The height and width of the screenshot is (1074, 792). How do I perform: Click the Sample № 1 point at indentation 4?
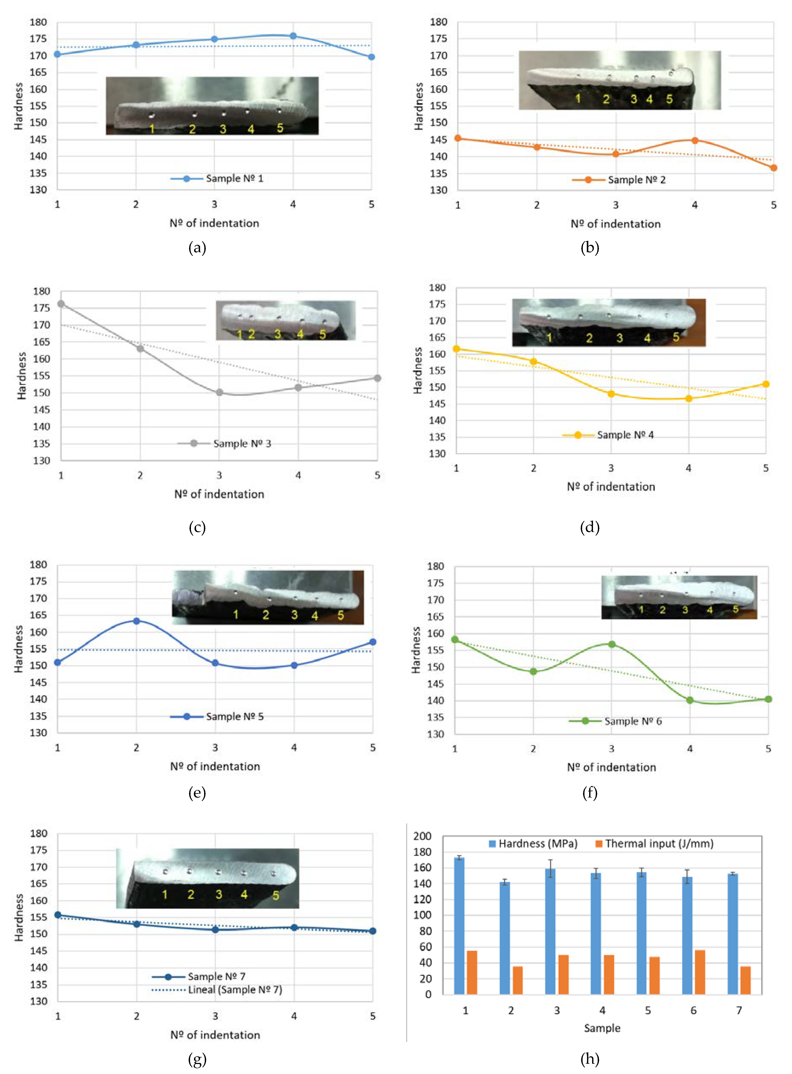click(x=293, y=36)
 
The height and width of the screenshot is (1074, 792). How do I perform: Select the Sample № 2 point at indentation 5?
click(x=773, y=168)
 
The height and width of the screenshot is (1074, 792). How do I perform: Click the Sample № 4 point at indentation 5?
click(x=766, y=384)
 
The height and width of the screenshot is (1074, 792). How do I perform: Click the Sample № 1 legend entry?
click(x=217, y=178)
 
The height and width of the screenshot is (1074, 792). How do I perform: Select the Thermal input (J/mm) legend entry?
click(x=654, y=843)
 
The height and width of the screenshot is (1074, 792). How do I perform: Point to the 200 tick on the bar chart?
click(x=422, y=836)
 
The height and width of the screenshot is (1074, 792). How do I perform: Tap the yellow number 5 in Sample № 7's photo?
click(x=276, y=895)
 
